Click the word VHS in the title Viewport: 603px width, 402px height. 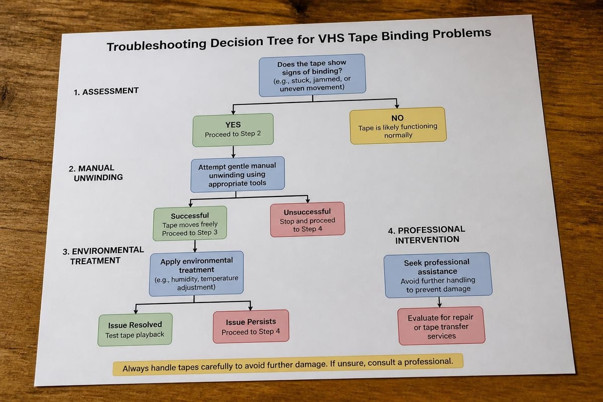point(331,39)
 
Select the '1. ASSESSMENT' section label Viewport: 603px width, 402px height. point(106,91)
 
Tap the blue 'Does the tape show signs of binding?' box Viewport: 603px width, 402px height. point(312,75)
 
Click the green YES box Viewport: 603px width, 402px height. point(233,130)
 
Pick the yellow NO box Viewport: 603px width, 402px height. point(398,126)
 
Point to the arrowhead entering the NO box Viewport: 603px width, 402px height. point(397,106)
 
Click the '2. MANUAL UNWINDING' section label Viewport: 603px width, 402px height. point(95,173)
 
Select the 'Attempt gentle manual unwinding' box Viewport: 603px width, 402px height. point(237,174)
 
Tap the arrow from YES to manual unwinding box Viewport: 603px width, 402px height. point(233,152)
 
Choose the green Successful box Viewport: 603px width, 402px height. point(190,223)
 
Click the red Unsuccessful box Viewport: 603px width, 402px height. point(308,220)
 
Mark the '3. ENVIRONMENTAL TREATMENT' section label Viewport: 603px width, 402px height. point(103,256)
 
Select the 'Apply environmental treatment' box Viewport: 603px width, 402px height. point(196,273)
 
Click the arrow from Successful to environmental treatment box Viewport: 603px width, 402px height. point(195,246)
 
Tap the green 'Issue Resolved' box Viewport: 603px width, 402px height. point(135,329)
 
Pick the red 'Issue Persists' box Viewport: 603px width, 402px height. point(251,326)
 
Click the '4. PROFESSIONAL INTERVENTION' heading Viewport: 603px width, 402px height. point(427,235)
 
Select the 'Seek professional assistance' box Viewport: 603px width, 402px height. point(438,275)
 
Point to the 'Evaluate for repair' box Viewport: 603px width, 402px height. point(441,326)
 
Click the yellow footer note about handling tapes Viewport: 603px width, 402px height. point(288,365)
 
